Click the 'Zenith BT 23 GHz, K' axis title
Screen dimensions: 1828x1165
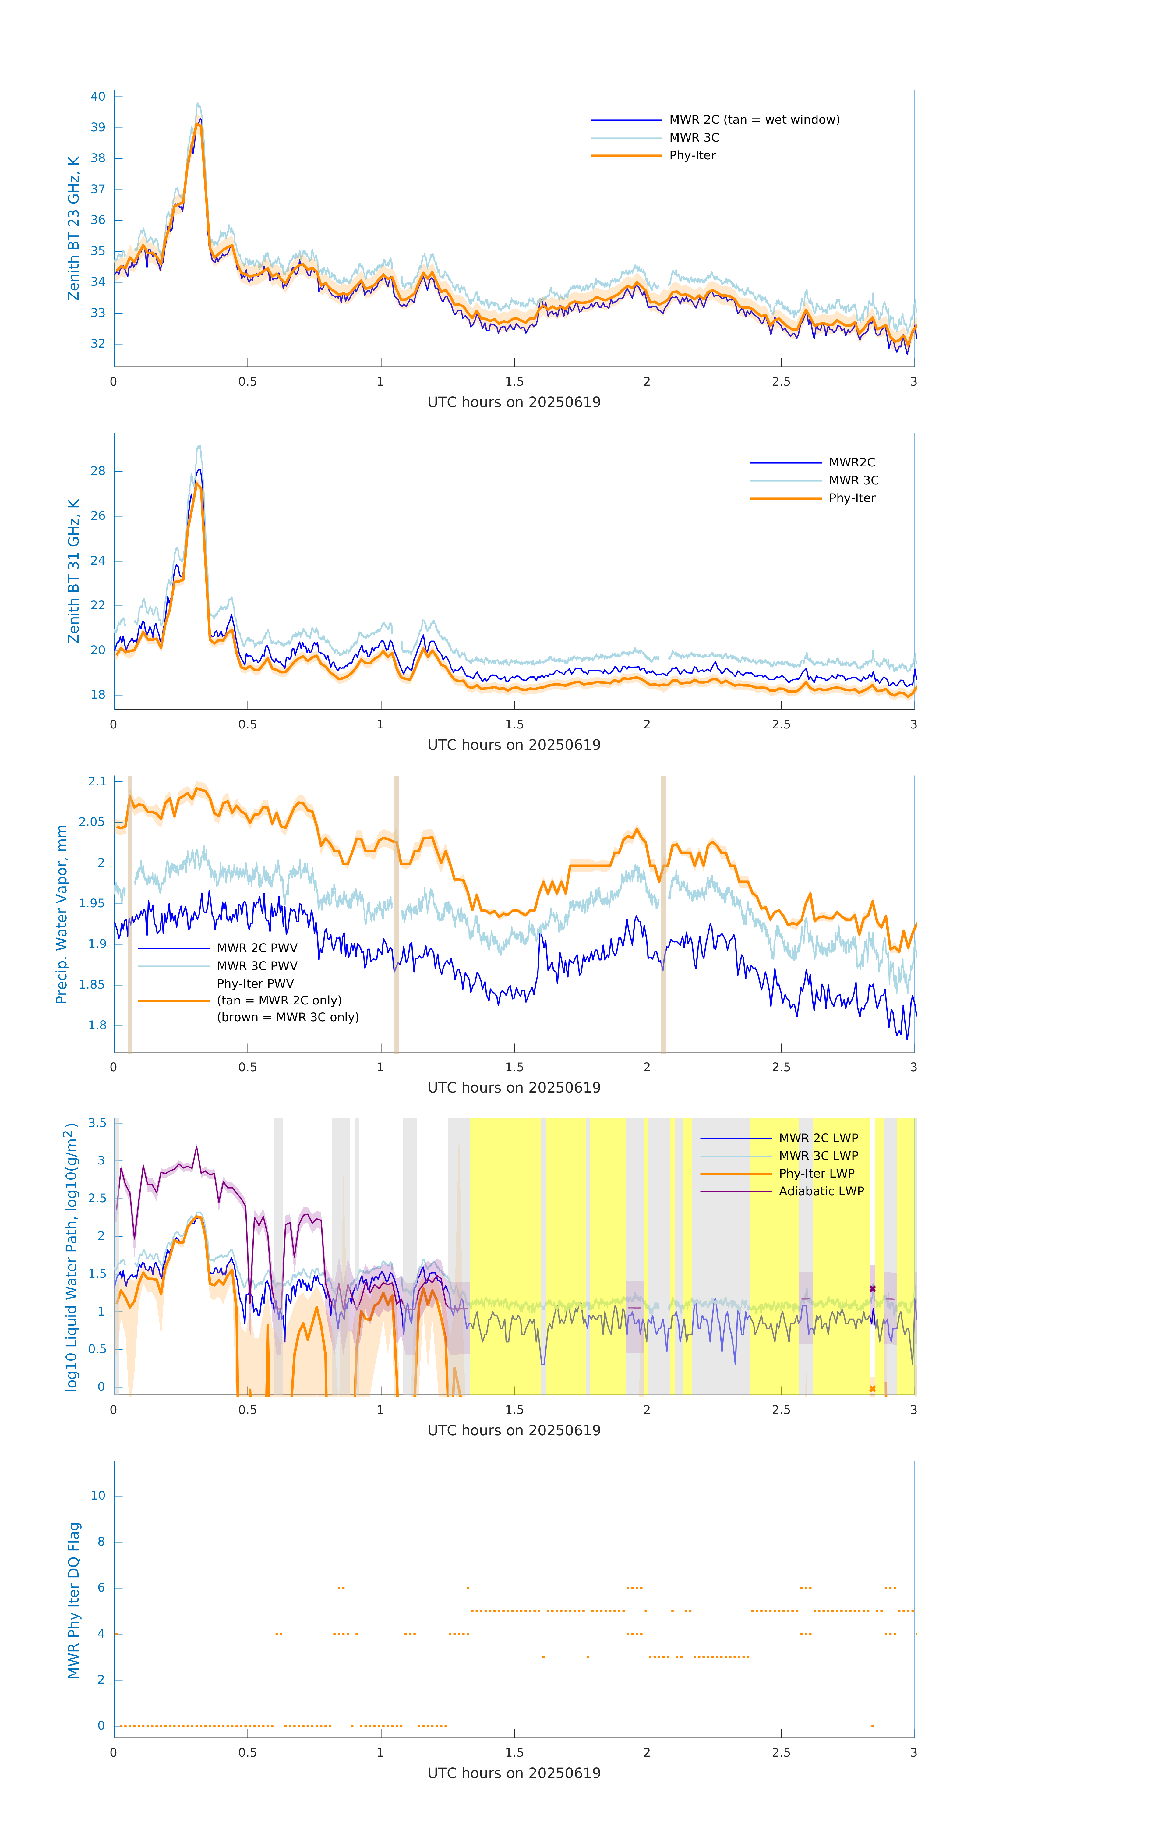coord(74,228)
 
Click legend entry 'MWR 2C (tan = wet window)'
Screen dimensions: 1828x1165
coord(754,120)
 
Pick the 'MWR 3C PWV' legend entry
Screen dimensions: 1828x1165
coord(256,965)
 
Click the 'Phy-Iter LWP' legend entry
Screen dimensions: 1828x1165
coord(816,1174)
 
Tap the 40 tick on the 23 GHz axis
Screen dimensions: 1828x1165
coord(98,96)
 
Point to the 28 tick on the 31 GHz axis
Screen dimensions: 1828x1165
coord(98,471)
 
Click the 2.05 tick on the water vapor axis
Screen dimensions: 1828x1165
coord(92,822)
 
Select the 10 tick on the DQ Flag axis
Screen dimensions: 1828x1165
coord(98,1496)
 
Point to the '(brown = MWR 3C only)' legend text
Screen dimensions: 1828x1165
coord(288,1017)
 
